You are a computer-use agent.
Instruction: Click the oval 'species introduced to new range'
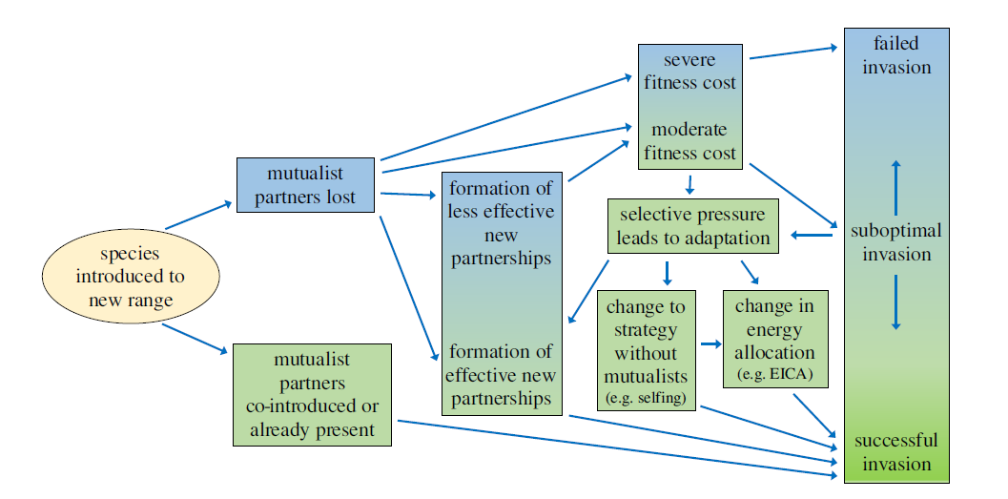point(131,279)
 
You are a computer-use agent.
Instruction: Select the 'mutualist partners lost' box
point(305,185)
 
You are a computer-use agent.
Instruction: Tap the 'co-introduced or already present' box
point(312,394)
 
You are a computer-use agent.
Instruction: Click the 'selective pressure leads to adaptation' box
point(692,226)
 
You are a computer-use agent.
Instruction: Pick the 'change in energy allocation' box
point(775,339)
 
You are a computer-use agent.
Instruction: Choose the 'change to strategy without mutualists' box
point(646,349)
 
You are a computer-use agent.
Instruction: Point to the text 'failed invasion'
point(896,55)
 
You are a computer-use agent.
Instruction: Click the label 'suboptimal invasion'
point(896,242)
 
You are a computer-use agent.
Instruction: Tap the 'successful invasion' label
point(896,452)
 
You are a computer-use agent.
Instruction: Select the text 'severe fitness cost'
point(689,72)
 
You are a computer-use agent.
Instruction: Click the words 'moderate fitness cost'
point(689,141)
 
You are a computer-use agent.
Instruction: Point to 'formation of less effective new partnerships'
point(500,221)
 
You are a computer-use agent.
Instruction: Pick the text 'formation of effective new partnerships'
point(500,374)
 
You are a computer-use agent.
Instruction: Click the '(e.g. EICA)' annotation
point(775,373)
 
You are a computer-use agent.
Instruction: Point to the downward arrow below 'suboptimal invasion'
point(895,301)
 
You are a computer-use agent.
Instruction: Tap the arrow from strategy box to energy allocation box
point(709,343)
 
